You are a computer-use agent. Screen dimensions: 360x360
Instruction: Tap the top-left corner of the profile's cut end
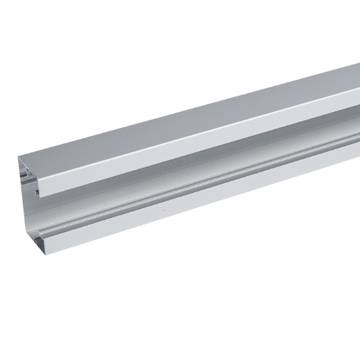(19, 158)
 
